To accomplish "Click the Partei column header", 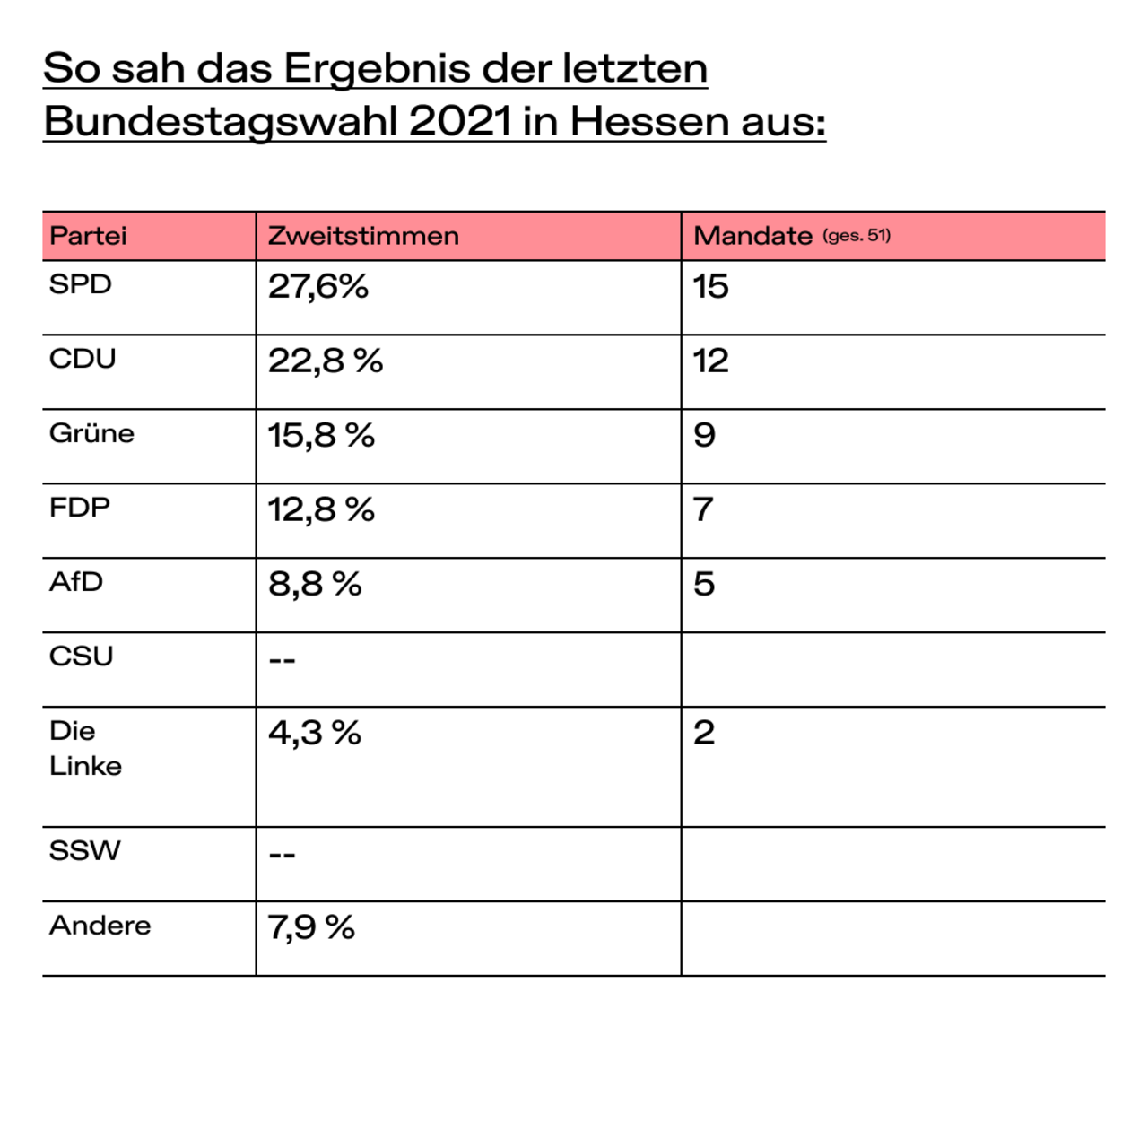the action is click(88, 236).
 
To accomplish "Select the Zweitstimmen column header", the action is click(363, 236).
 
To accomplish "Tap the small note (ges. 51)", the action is click(857, 235).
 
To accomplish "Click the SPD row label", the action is click(81, 284).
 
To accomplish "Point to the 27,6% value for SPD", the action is click(318, 287).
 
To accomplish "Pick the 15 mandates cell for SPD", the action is click(710, 287).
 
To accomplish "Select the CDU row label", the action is click(83, 359).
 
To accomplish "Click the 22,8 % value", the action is click(326, 361).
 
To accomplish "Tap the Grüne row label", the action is click(91, 433).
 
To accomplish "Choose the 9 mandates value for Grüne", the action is click(704, 435).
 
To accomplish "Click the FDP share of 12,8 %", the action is click(321, 510).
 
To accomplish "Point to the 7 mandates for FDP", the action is click(703, 510).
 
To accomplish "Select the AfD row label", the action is click(76, 582).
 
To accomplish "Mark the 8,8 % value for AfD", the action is click(315, 584).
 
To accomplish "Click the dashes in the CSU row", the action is click(282, 660).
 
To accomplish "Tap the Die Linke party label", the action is click(85, 748).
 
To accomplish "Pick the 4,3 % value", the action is click(315, 733).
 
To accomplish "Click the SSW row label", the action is click(84, 851).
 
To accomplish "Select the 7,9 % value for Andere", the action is click(311, 927).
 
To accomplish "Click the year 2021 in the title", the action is click(460, 122).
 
